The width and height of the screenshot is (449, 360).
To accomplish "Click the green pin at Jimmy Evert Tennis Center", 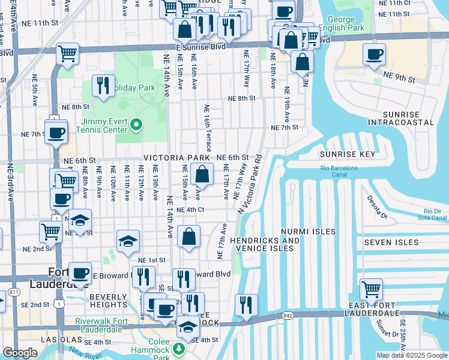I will point(136,124).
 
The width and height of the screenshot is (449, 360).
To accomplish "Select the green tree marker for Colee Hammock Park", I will point(178,349).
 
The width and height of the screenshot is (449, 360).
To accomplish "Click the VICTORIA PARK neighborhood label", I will point(176,157).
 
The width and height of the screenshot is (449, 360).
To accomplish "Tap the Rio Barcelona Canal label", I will point(339,168).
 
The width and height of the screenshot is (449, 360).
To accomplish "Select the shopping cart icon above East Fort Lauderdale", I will point(372,290).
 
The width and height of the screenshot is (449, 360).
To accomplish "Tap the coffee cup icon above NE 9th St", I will point(375,55).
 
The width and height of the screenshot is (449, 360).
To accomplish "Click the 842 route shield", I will point(282,315).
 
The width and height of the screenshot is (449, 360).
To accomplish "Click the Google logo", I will point(20,353).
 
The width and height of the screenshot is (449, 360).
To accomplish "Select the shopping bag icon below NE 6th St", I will point(203,175).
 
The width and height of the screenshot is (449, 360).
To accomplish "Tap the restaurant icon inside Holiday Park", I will point(103,86).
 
